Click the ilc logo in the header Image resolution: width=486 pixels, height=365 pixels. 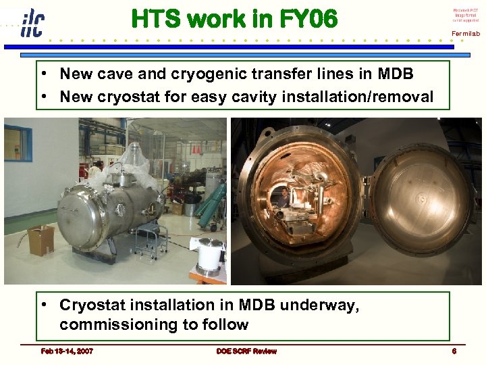click(x=31, y=22)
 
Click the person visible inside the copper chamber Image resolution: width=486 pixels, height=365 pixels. click(x=284, y=197)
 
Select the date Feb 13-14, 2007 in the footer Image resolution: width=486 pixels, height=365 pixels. click(x=67, y=351)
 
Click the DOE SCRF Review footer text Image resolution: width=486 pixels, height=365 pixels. click(x=246, y=351)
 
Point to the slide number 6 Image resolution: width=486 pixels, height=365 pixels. click(x=454, y=351)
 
